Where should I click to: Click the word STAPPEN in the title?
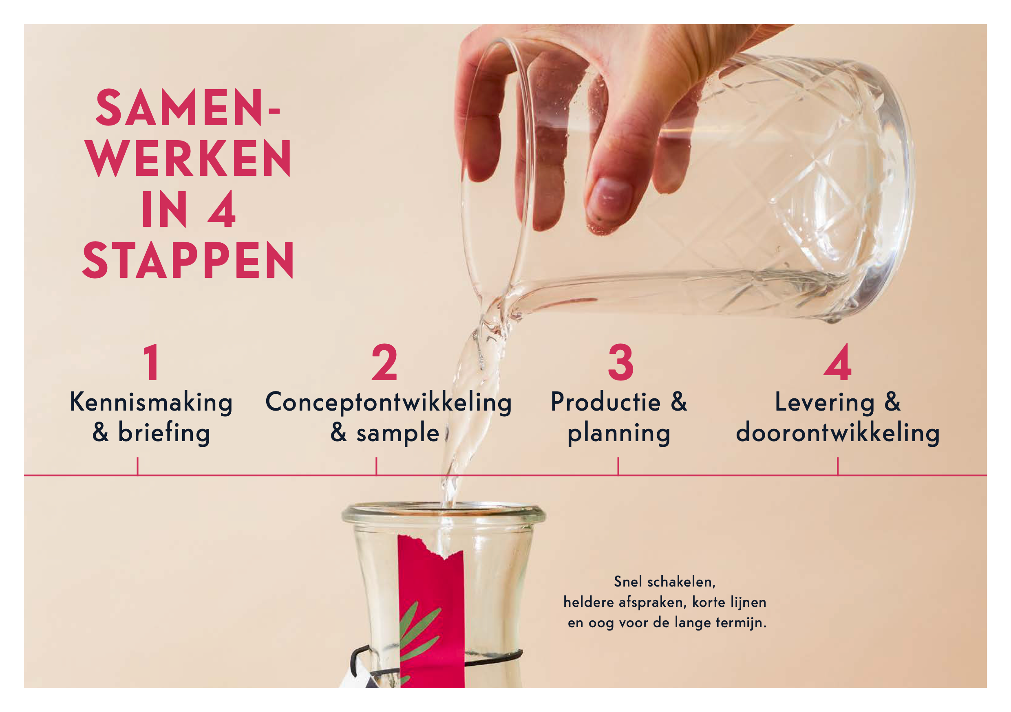click(x=188, y=261)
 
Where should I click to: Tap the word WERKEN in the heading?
click(x=188, y=158)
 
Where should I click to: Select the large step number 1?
click(x=152, y=362)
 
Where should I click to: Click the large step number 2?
click(x=384, y=362)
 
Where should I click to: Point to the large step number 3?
click(x=620, y=362)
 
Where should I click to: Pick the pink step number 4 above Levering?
click(x=837, y=362)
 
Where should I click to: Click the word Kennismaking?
click(x=151, y=403)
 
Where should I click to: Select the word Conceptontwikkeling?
click(x=389, y=403)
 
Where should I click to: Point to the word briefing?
click(x=164, y=433)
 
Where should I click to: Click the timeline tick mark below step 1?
click(x=137, y=466)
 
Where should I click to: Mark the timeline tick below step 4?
click(x=837, y=466)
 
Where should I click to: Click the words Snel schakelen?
click(x=665, y=582)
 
